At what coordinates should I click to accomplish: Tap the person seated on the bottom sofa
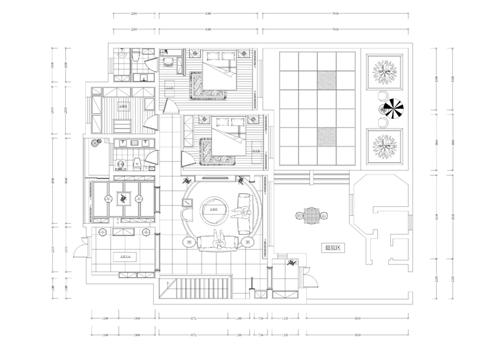(219, 240)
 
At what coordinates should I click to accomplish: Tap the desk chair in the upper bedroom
(169, 62)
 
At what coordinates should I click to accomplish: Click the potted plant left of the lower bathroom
(98, 144)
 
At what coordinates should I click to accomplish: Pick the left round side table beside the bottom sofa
(189, 242)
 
